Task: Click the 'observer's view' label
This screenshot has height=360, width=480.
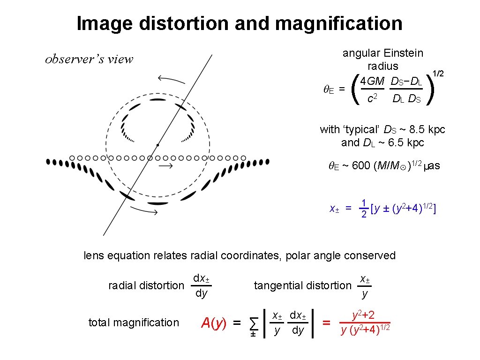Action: tap(89, 60)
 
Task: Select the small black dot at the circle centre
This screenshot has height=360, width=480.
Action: tap(158, 144)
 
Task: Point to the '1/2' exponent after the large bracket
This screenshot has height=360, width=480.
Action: tap(438, 74)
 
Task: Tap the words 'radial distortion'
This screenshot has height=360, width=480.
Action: tap(146, 285)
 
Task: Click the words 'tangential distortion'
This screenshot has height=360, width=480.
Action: tap(302, 285)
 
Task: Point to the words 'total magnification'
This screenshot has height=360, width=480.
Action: tap(134, 322)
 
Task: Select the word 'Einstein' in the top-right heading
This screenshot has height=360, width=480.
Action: tap(403, 53)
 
